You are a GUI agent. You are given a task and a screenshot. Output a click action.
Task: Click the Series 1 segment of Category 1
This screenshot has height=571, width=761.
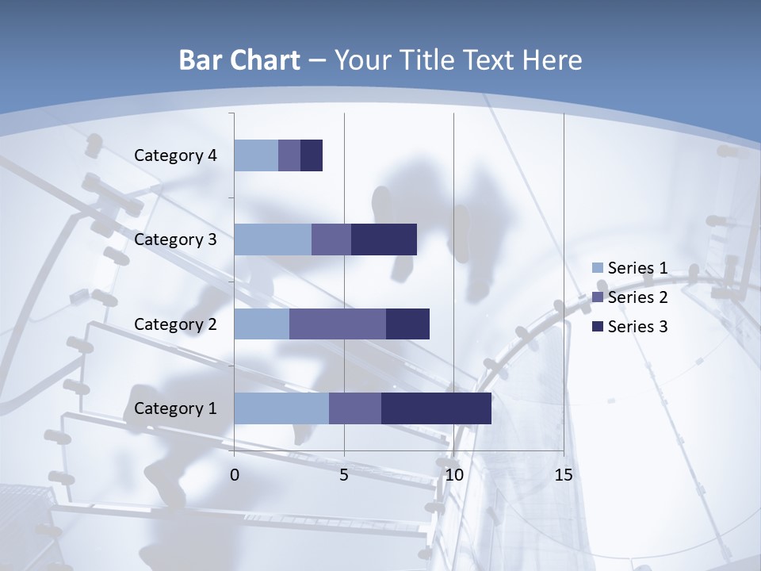281,408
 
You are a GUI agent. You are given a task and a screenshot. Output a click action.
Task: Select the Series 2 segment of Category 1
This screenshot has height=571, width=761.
355,408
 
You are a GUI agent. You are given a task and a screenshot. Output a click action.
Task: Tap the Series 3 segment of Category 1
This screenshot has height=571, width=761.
436,408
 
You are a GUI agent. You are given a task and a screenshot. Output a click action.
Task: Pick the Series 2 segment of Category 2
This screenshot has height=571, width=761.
338,324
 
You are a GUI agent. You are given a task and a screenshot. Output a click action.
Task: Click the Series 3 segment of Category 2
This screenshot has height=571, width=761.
407,324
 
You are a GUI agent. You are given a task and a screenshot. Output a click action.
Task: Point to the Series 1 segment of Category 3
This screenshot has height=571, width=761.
273,240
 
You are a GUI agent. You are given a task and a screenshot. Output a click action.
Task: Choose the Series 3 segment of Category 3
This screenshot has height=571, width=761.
384,240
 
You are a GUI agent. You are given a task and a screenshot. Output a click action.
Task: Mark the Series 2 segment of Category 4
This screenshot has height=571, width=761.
289,155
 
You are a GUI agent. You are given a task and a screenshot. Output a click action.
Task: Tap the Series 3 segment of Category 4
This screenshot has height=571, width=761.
312,155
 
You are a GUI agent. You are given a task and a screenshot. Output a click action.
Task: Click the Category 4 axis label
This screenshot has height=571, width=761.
175,155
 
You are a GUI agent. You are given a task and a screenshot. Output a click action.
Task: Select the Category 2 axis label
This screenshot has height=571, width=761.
175,324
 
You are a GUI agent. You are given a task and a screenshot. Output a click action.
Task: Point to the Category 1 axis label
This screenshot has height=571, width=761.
175,408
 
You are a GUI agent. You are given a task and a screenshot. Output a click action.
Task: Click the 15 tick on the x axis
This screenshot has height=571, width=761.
564,476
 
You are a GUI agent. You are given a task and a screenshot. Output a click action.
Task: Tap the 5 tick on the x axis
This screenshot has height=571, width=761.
344,476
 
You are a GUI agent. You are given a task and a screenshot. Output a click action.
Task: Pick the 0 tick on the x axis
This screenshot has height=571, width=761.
235,476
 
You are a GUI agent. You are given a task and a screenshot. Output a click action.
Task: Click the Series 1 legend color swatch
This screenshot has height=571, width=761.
597,268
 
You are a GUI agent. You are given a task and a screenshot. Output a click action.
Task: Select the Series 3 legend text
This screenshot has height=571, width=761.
637,327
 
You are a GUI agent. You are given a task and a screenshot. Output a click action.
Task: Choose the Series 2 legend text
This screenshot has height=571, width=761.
637,297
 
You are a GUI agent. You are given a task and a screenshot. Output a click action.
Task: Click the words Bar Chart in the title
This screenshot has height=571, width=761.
239,60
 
